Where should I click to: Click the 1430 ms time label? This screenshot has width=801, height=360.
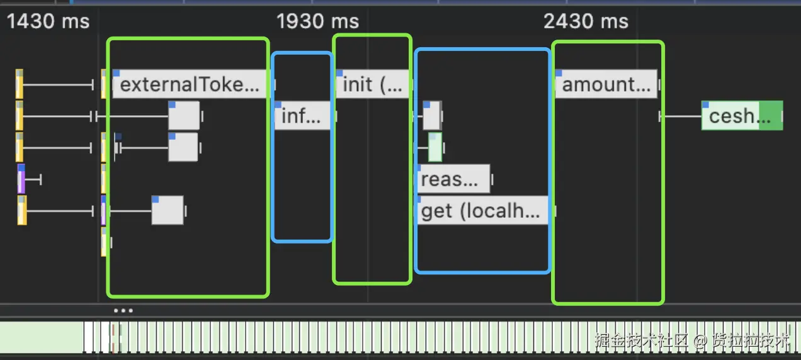pos(48,22)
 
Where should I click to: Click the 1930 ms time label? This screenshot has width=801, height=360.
pos(317,22)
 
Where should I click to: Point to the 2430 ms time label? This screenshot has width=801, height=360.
pos(586,22)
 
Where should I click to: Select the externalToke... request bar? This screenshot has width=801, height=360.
pos(190,84)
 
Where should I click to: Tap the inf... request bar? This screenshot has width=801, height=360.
pos(302,116)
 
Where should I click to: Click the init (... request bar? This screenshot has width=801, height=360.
pos(372,84)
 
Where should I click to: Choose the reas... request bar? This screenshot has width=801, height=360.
pos(453,179)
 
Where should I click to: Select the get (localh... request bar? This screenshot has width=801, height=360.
pos(482,211)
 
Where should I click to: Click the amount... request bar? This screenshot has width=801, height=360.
pos(606,84)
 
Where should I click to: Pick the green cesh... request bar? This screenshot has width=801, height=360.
pos(742,116)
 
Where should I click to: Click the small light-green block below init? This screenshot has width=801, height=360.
pos(435,147)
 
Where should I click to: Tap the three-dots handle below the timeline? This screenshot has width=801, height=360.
pos(123,310)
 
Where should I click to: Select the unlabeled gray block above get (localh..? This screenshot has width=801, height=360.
pos(431,116)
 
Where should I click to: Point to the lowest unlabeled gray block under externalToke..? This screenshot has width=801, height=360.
pos(168,210)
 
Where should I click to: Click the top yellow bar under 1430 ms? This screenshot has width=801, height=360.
pos(20,84)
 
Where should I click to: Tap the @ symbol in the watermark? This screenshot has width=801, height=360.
pos(701,342)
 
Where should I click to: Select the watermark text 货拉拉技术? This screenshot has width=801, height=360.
pos(751,341)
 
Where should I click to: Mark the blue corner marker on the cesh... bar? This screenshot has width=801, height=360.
pos(705,104)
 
